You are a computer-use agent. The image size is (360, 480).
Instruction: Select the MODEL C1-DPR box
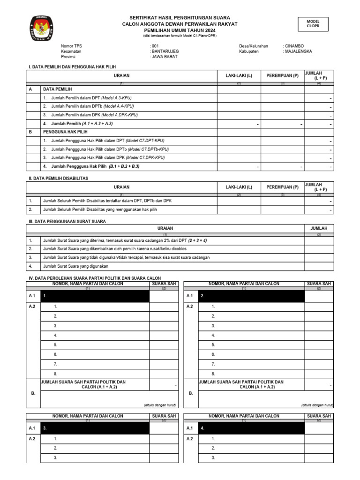[313, 24]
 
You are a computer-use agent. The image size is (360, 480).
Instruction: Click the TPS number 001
[155, 46]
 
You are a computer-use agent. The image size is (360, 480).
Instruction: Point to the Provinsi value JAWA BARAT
[164, 56]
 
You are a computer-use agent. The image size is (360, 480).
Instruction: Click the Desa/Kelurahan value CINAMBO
[293, 46]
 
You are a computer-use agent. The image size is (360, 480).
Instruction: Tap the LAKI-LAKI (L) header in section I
[239, 75]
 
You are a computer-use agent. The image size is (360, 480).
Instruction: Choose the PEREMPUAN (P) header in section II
[282, 187]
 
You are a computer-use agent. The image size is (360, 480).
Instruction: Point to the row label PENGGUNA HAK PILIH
[62, 132]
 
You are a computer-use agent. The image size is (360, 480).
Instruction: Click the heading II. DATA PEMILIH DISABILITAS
[59, 179]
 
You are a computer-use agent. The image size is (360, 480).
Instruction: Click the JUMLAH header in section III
[319, 228]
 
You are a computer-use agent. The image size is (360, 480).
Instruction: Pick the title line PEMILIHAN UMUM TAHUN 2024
[180, 30]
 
